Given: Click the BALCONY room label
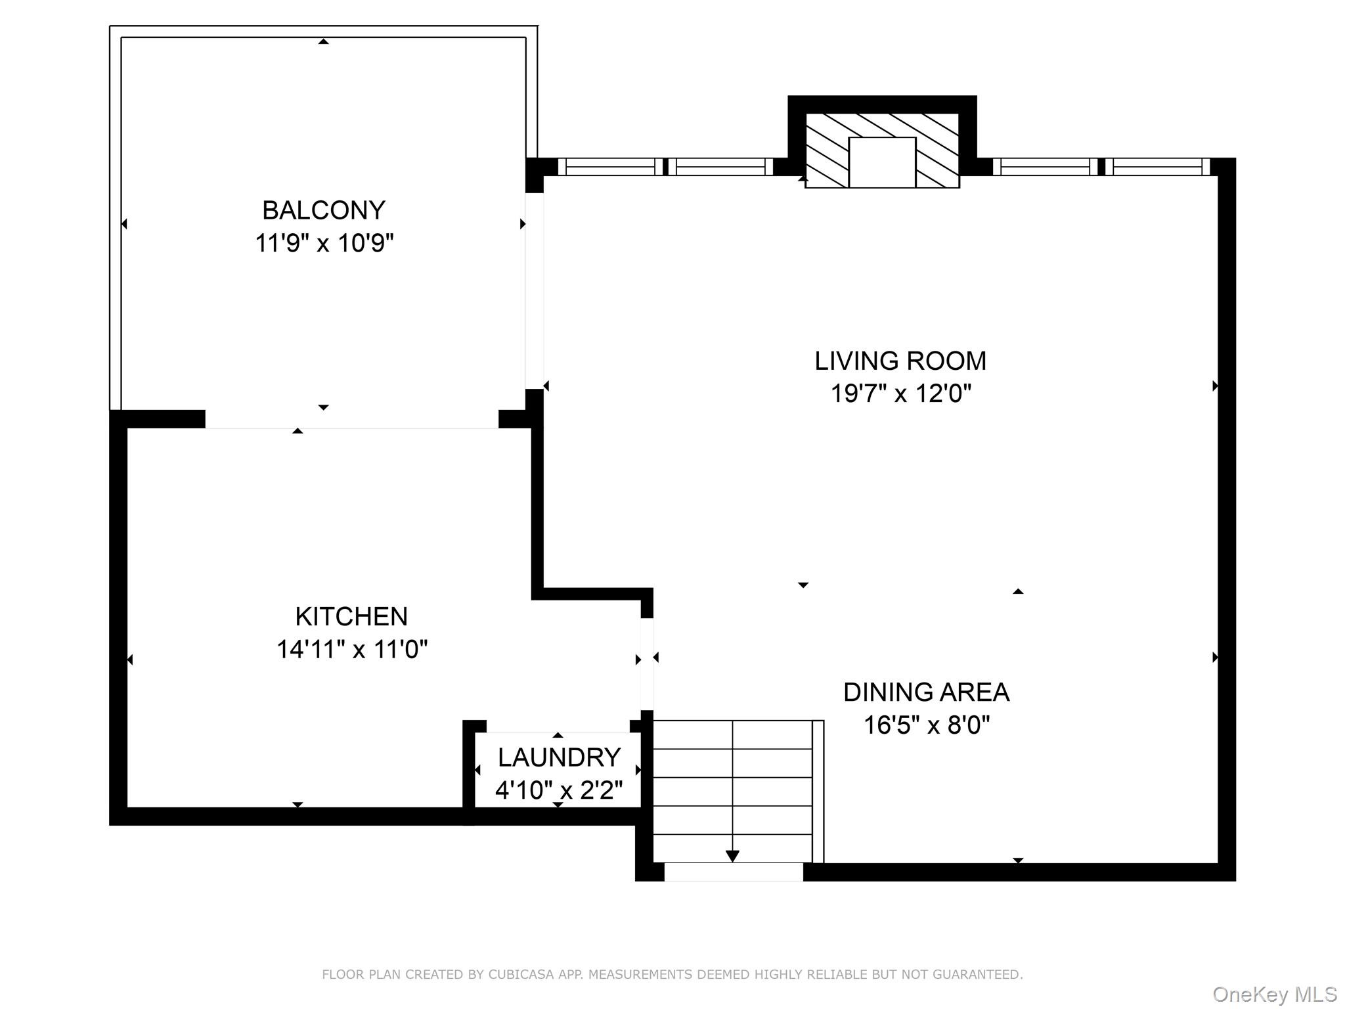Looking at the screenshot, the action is click(324, 210).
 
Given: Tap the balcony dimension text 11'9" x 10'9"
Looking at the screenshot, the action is click(324, 243).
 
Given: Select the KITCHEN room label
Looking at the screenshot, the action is click(351, 616).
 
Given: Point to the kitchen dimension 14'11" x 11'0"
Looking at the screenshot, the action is click(352, 649).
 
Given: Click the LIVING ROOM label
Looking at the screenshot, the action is click(900, 361).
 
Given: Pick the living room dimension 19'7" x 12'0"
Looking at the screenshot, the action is click(901, 393).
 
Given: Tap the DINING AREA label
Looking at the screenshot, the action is click(926, 692).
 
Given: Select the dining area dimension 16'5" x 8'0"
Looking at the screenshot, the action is click(927, 725).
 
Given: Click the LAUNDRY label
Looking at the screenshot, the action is click(559, 757).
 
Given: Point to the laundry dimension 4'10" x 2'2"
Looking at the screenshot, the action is click(559, 790).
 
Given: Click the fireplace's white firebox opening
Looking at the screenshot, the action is click(882, 162).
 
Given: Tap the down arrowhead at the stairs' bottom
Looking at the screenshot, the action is click(732, 856).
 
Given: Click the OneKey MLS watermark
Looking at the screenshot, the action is click(1275, 995).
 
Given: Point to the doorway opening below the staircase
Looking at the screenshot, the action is click(734, 872).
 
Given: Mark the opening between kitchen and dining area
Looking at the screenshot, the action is click(647, 664).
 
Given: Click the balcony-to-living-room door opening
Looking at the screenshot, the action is click(534, 290).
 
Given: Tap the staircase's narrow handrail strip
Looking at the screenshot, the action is click(818, 792).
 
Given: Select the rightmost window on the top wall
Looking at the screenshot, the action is click(1158, 167).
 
